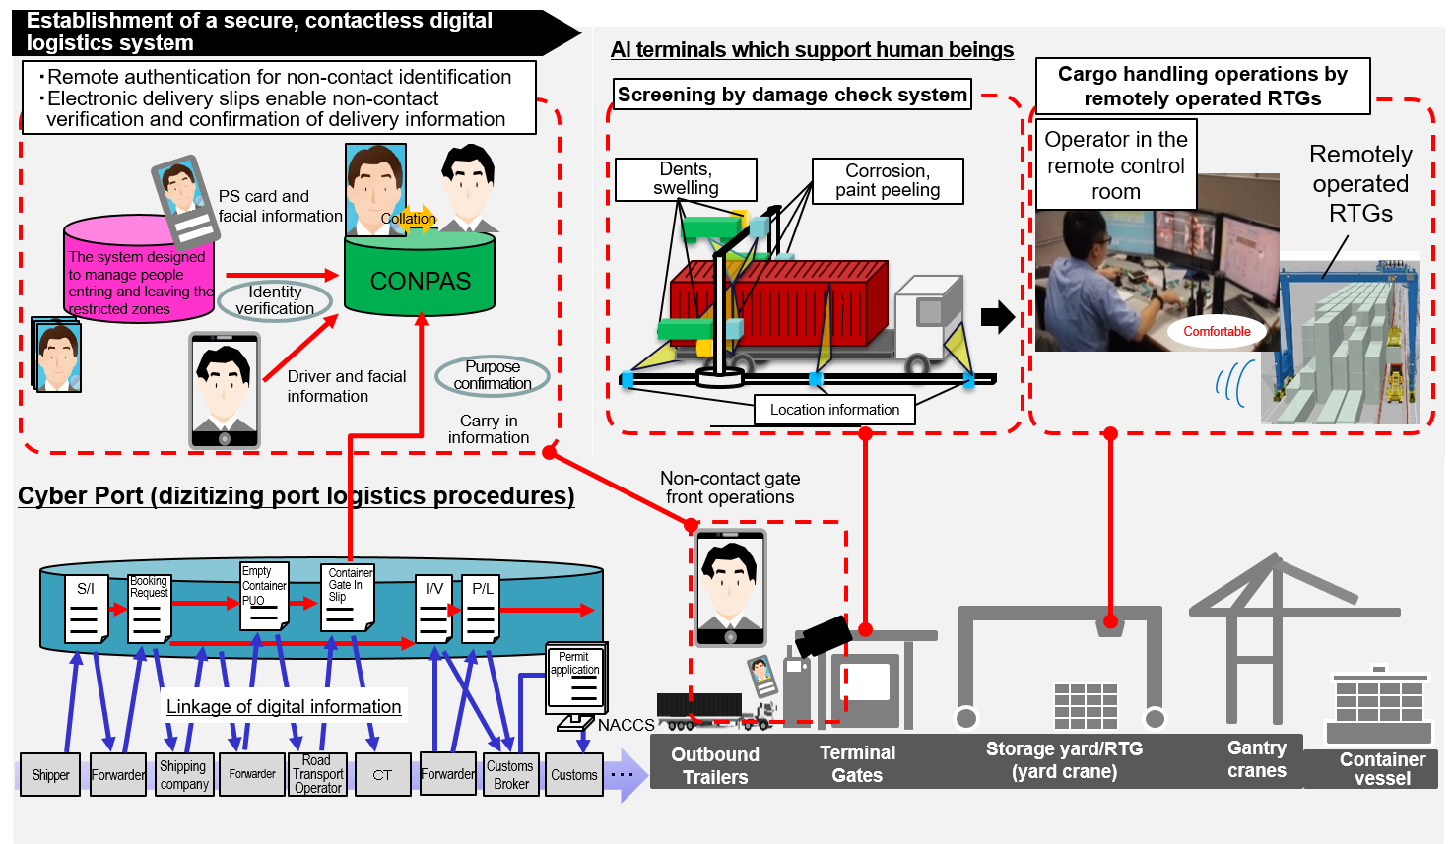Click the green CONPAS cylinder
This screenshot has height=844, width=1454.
click(x=420, y=279)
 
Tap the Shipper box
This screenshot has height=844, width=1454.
click(x=50, y=775)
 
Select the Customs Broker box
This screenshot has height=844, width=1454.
click(x=510, y=775)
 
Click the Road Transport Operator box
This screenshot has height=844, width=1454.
click(x=317, y=775)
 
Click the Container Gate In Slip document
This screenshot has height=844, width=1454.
click(x=347, y=597)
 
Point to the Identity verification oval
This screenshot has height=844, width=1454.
click(x=275, y=300)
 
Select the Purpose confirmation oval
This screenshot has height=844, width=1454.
click(x=493, y=375)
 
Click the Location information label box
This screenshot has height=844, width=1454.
click(x=834, y=410)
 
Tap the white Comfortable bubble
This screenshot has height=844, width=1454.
click(x=1217, y=332)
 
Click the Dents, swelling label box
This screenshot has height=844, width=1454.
click(x=686, y=179)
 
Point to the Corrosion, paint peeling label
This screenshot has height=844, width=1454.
click(x=887, y=181)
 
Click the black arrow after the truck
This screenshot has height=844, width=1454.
click(x=997, y=316)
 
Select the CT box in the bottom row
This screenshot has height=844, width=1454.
click(x=382, y=775)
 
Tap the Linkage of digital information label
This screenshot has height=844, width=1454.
click(x=284, y=706)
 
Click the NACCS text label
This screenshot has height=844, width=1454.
click(x=626, y=725)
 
